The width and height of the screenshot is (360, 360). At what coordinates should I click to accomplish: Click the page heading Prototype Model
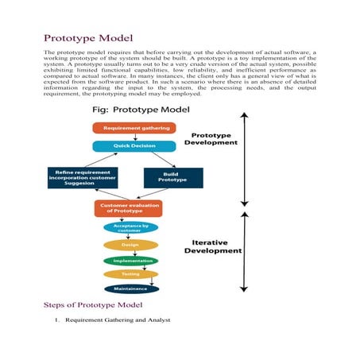click(88, 37)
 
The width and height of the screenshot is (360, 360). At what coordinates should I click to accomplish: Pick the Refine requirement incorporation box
click(83, 176)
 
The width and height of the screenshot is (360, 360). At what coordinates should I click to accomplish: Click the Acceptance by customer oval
click(131, 228)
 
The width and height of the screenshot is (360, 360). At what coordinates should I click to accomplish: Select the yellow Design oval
click(130, 246)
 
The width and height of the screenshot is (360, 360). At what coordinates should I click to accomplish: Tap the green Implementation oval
click(130, 260)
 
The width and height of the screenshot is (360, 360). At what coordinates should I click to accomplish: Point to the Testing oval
click(130, 274)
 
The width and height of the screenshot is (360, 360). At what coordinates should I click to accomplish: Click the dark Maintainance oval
click(130, 288)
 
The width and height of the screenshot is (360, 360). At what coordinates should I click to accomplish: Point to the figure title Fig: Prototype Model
click(134, 109)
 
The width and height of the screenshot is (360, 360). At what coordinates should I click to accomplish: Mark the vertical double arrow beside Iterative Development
click(245, 250)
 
